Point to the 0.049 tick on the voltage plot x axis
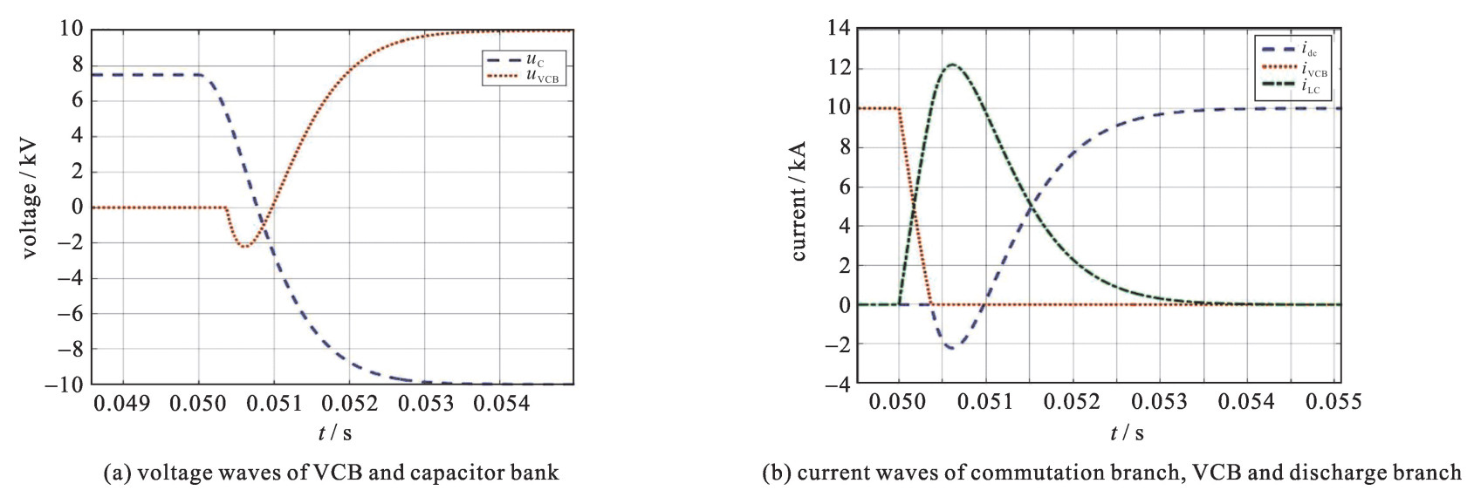[x=121, y=403]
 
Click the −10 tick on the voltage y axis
[x=65, y=385]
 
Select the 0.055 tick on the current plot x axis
[x=1333, y=401]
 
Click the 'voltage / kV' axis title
[x=30, y=208]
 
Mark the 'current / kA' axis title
[x=799, y=201]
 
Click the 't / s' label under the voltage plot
[x=334, y=432]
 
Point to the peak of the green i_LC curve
[x=951, y=65]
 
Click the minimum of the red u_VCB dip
[x=244, y=247]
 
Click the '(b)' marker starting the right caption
[x=776, y=473]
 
